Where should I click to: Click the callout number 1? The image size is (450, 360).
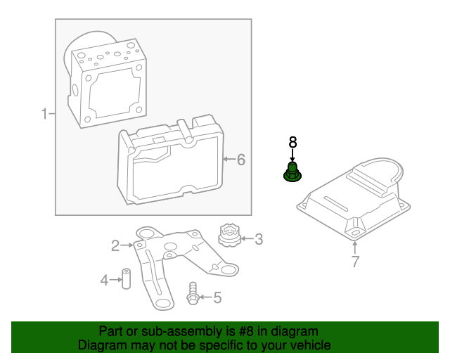click(x=44, y=114)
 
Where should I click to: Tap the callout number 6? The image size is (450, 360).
click(x=240, y=160)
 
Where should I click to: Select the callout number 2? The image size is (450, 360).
click(x=115, y=245)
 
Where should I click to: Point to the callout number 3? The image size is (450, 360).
click(x=259, y=240)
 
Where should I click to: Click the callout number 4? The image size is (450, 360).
click(x=104, y=281)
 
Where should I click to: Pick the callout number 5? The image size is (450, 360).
click(x=217, y=297)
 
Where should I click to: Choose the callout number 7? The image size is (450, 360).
click(x=355, y=262)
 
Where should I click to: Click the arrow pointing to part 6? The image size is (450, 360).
click(x=228, y=160)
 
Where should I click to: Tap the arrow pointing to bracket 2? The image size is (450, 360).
click(x=127, y=245)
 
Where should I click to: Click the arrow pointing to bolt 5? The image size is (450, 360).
click(x=205, y=297)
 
